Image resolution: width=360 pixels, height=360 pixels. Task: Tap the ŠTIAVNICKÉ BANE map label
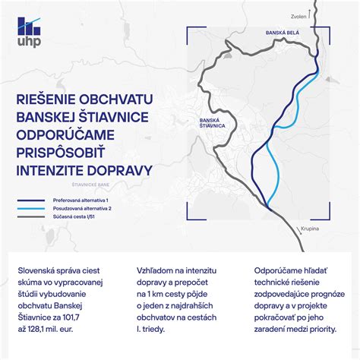pyautogui.click(x=74, y=183)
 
